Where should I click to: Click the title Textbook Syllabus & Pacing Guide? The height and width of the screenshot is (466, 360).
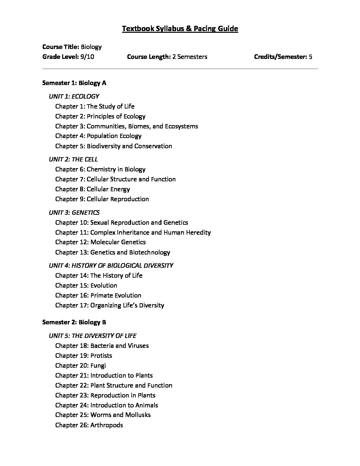tap(180, 29)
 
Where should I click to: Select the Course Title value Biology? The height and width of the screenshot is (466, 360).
tap(91, 47)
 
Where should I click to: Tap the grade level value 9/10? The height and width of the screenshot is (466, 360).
tap(87, 57)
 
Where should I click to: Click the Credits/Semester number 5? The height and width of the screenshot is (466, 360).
tap(310, 57)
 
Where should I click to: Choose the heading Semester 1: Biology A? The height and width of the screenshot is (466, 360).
tap(74, 83)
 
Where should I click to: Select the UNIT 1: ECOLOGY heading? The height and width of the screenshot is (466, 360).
tap(74, 96)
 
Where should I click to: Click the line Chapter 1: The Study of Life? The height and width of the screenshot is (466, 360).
tap(95, 106)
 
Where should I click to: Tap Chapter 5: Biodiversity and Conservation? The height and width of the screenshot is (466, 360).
tap(113, 146)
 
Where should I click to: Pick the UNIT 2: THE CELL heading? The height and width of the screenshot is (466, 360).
tap(73, 159)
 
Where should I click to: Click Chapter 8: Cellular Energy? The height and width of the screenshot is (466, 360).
tap(92, 189)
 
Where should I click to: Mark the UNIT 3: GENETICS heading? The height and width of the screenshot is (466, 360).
tap(74, 212)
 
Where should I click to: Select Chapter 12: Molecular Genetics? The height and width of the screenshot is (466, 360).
tap(100, 242)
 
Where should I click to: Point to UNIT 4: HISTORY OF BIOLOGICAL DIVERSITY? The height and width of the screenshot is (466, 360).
tap(111, 265)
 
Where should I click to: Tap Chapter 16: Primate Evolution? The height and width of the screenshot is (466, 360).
tap(98, 295)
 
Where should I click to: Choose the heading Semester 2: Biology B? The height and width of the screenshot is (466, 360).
tap(74, 322)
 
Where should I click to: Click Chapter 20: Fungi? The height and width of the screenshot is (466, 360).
tap(80, 365)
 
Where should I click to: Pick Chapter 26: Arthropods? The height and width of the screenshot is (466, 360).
tap(89, 425)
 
